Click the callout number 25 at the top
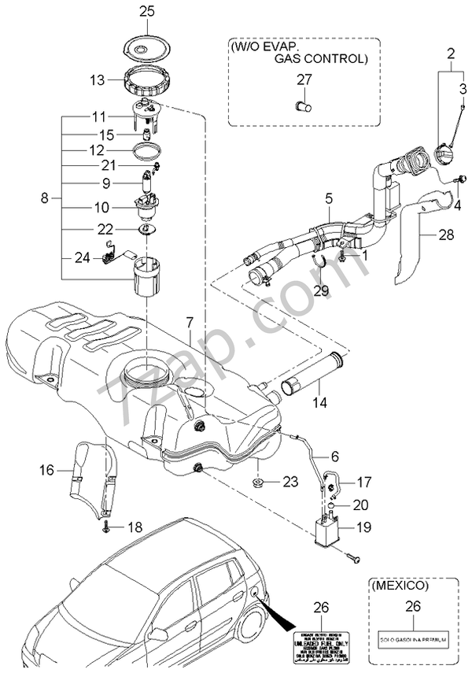point(147,11)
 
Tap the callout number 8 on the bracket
point(45,198)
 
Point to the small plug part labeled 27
point(304,103)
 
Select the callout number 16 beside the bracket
point(46,471)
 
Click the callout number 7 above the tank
point(189,323)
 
